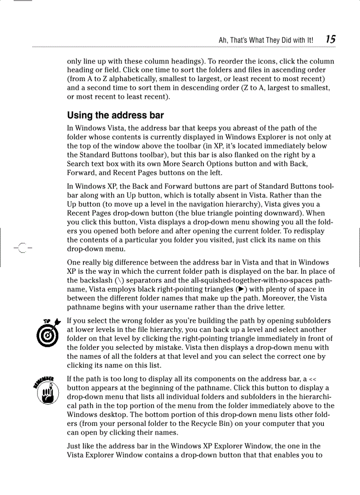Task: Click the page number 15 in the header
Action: [330, 39]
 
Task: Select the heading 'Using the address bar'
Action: [115, 115]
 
